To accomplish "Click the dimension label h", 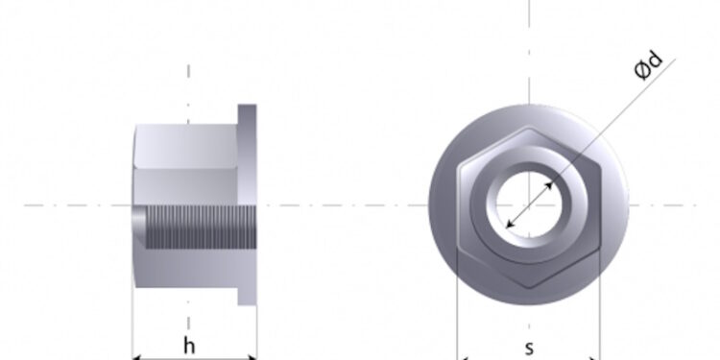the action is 189,346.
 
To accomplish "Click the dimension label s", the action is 529,349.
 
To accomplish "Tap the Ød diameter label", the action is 649,66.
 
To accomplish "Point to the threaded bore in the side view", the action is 202,227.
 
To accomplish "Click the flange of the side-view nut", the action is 247,204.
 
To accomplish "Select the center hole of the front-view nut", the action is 529,204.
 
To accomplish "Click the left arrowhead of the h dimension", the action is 137,357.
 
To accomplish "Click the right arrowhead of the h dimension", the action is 252,357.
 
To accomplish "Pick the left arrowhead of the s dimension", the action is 463,358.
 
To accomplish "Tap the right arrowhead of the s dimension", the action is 594,358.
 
